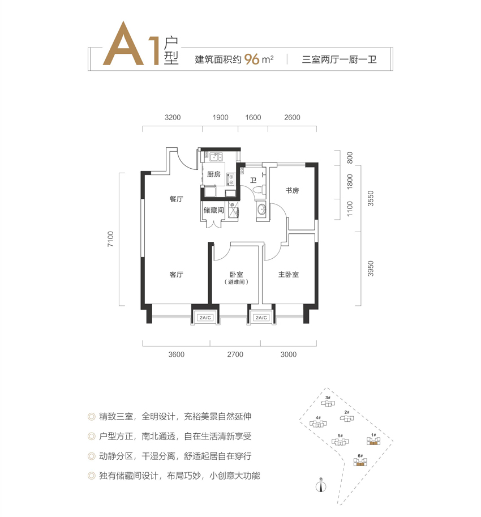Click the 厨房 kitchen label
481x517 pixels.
(x=213, y=174)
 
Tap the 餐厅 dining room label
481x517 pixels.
(x=176, y=199)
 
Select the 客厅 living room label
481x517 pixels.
(x=176, y=274)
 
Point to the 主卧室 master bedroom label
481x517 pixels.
(x=288, y=274)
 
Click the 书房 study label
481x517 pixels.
(x=292, y=190)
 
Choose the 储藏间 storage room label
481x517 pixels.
(x=213, y=210)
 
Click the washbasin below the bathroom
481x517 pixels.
(x=262, y=210)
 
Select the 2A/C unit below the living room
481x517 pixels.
(x=205, y=318)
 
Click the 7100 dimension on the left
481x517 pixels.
(x=110, y=239)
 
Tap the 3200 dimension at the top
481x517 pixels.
(x=173, y=117)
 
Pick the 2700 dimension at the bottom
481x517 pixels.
(x=235, y=354)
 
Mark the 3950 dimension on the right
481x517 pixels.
(x=371, y=269)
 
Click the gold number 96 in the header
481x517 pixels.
(x=252, y=59)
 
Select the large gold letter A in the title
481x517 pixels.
(x=123, y=43)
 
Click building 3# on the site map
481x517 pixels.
(x=328, y=402)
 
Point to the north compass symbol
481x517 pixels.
(x=321, y=485)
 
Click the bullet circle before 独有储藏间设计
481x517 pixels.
(x=91, y=476)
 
